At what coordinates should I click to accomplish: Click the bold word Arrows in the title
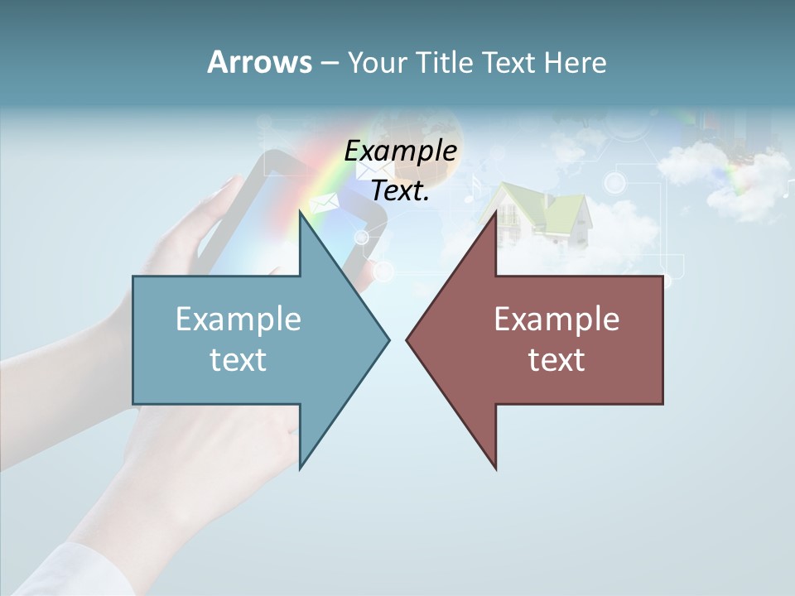259,62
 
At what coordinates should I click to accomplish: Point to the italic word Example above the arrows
400,151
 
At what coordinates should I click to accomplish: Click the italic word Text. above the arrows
400,190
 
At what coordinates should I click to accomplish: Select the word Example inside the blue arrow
238,319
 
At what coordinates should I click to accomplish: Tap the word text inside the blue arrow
238,359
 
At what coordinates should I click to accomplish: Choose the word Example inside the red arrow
556,319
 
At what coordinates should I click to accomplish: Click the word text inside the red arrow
556,359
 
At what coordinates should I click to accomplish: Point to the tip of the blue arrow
388,339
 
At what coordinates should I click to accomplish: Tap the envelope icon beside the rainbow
323,202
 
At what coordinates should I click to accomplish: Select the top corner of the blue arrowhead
301,213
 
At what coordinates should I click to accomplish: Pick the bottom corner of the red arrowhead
495,468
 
